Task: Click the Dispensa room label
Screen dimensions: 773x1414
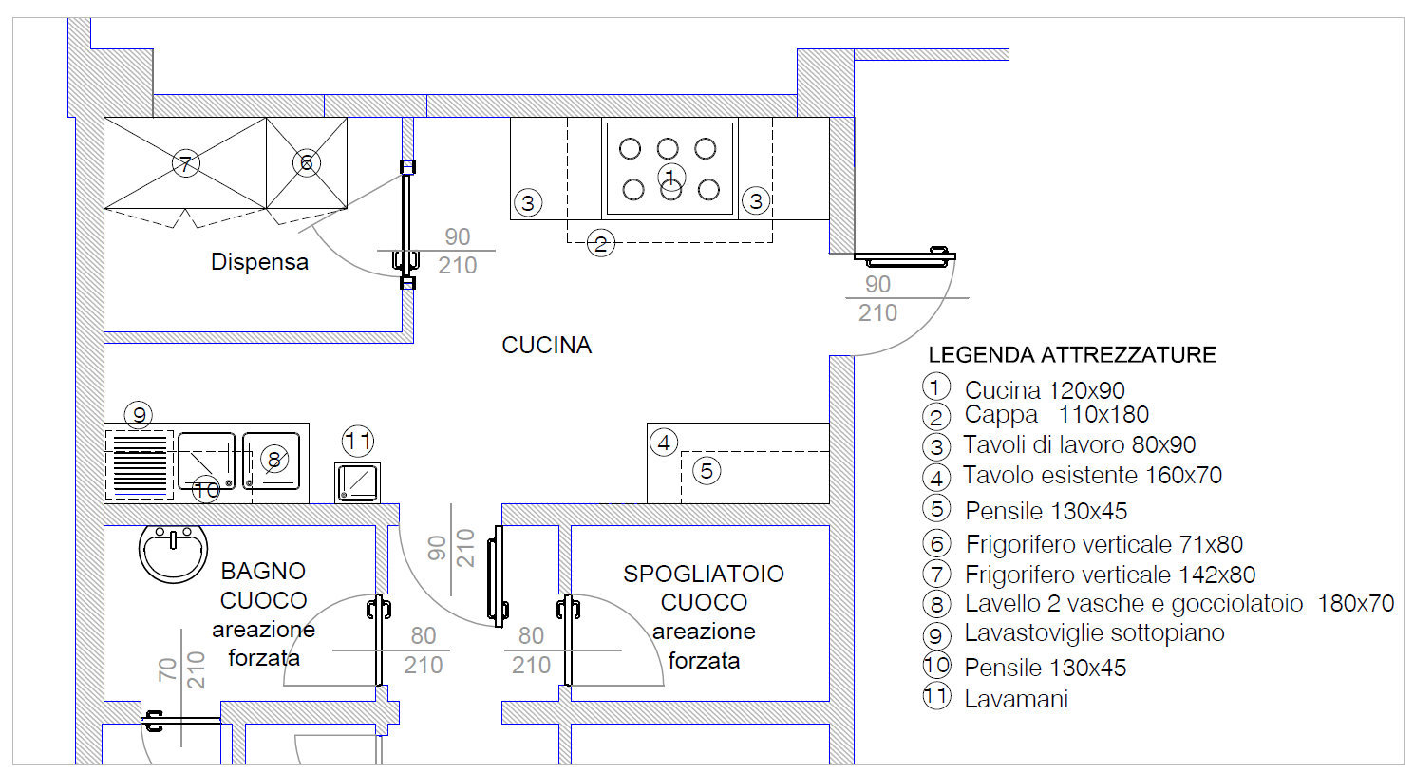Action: click(259, 262)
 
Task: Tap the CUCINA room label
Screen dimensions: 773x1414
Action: click(546, 346)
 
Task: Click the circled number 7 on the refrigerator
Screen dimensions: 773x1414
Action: click(186, 163)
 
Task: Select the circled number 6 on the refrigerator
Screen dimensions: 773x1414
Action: click(306, 162)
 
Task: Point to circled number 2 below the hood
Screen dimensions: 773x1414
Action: click(600, 244)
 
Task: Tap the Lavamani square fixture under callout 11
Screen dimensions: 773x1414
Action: click(358, 482)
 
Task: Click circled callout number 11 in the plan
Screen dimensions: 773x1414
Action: click(358, 441)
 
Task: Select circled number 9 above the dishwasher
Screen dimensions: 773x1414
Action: click(139, 415)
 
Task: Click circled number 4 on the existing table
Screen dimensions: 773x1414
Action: click(664, 443)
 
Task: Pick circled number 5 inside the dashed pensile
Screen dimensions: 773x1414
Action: click(706, 471)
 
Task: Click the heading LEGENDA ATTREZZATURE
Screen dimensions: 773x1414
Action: click(1071, 355)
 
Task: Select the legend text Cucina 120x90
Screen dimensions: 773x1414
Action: click(1045, 390)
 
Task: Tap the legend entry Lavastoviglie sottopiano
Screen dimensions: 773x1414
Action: click(1094, 633)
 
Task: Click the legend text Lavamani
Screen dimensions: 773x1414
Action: click(1016, 700)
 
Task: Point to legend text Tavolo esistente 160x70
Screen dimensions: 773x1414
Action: click(1092, 476)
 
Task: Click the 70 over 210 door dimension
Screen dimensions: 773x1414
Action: click(181, 670)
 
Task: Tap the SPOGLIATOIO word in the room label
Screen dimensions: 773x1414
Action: click(703, 575)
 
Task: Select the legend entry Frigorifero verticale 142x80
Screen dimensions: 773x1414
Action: click(1109, 575)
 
